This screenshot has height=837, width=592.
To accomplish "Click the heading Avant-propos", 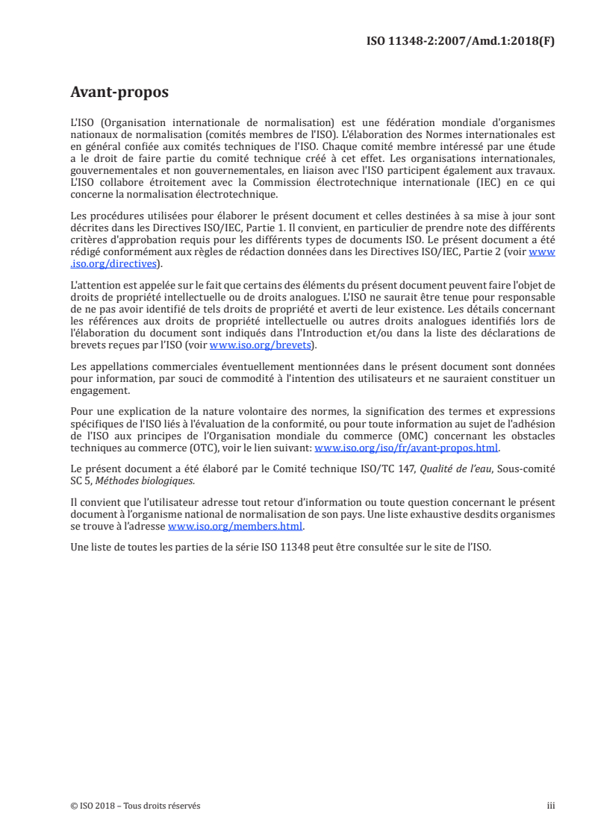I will (x=119, y=93).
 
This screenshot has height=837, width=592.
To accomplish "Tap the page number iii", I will (x=551, y=806).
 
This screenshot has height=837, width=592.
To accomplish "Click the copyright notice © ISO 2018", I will (x=135, y=806).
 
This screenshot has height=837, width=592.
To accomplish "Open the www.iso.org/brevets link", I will (x=259, y=345).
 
